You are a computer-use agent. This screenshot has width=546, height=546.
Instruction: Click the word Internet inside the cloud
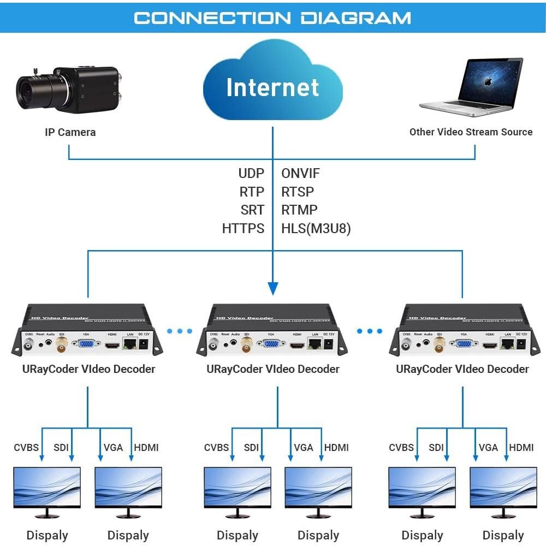[272, 87]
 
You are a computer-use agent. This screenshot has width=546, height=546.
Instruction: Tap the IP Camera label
[70, 132]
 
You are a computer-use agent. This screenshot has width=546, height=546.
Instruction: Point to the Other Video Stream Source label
[471, 132]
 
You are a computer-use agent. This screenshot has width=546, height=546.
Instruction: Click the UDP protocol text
[251, 174]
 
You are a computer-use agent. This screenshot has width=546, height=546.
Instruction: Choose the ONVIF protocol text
[300, 174]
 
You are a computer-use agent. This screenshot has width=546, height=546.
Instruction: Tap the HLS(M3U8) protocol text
[316, 228]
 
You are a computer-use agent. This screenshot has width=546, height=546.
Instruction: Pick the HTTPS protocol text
[243, 228]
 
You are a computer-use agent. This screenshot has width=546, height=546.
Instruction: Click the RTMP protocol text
[299, 210]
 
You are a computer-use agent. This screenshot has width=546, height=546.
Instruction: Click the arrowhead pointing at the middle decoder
[273, 288]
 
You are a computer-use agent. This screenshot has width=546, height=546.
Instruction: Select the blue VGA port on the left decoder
[86, 344]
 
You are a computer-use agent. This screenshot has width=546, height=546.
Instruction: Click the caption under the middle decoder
[273, 369]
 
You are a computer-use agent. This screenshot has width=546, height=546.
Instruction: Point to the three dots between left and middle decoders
[180, 331]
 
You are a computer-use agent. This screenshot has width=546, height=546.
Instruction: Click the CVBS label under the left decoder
[26, 448]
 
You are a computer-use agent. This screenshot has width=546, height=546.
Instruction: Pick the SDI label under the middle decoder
[251, 448]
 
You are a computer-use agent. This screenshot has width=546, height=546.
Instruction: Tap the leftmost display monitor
[46, 491]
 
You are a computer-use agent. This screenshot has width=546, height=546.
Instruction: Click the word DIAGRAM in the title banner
[356, 17]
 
